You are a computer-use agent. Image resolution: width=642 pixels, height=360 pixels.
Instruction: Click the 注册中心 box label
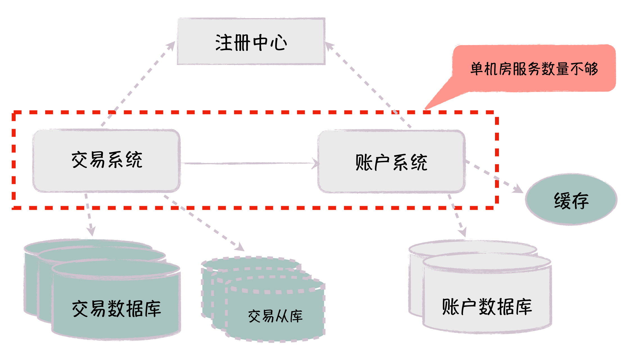[251, 43]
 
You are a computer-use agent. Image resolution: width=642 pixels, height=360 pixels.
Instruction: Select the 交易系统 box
[107, 160]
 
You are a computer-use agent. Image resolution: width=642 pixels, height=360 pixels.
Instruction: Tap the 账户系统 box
[391, 162]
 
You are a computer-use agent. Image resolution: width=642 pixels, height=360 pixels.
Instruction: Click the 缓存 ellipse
[571, 199]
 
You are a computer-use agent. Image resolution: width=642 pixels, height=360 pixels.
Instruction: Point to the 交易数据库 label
[116, 309]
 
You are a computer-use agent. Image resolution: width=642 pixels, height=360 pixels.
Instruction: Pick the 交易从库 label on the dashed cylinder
[275, 316]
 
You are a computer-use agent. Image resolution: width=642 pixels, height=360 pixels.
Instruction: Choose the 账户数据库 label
[487, 307]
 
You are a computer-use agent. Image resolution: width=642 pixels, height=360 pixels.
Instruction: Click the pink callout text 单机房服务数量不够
[534, 69]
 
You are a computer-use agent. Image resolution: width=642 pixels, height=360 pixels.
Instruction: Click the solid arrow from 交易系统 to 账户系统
[247, 163]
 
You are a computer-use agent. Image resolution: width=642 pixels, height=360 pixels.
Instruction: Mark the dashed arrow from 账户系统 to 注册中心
[368, 84]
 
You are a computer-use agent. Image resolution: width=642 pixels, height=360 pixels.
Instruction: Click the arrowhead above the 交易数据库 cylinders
[91, 231]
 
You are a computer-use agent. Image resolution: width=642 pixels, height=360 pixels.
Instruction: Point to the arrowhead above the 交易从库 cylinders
[240, 247]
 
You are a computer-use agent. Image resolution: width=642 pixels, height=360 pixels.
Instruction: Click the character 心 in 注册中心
[278, 43]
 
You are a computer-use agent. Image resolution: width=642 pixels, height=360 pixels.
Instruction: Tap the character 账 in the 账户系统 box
[364, 163]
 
